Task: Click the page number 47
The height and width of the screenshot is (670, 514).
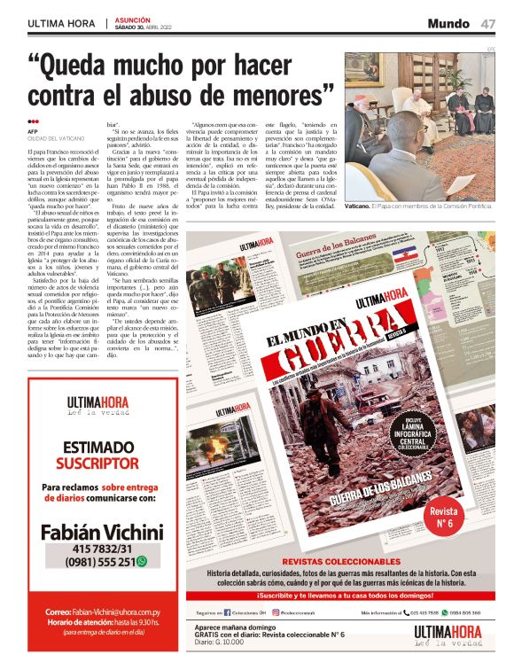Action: coord(488,23)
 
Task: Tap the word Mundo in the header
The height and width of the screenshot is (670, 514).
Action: coord(448,23)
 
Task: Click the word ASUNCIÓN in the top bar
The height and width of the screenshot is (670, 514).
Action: coord(133,19)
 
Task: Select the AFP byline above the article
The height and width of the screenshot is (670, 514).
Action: coord(32,132)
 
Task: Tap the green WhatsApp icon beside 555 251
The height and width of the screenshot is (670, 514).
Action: coord(141,562)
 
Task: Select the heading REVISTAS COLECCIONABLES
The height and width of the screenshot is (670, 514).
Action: coord(340,562)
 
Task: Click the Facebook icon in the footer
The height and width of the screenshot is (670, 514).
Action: coord(228,612)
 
